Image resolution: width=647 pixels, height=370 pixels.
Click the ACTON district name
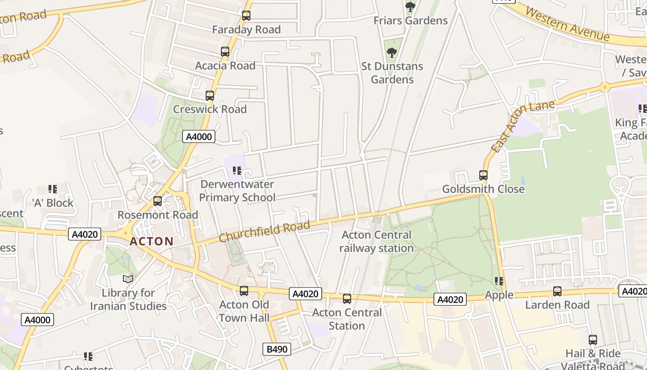click(152, 241)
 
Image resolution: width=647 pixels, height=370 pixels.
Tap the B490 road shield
click(277, 349)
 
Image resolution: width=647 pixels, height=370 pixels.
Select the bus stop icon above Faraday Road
click(246, 16)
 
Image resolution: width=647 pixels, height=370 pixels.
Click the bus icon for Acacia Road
click(225, 52)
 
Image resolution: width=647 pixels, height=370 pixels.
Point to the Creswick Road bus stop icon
click(210, 96)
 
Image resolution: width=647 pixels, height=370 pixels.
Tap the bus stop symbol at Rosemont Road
click(158, 201)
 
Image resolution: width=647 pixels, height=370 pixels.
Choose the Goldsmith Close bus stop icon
click(483, 175)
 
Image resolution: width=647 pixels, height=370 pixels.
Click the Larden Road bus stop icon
click(557, 291)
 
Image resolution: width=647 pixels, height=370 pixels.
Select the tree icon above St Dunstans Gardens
click(391, 53)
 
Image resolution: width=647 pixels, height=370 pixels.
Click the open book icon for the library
click(128, 279)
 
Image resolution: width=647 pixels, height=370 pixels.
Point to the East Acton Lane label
click(522, 126)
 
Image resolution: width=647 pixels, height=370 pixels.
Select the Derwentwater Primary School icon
click(237, 171)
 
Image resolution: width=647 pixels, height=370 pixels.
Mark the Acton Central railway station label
click(376, 241)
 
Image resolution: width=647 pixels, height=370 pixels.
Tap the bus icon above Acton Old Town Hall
click(244, 291)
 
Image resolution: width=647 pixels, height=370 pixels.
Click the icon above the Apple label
click(499, 281)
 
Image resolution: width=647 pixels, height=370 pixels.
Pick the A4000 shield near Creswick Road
click(199, 136)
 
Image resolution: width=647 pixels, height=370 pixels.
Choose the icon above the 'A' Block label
click(53, 189)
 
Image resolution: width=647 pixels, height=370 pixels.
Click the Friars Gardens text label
click(410, 20)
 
